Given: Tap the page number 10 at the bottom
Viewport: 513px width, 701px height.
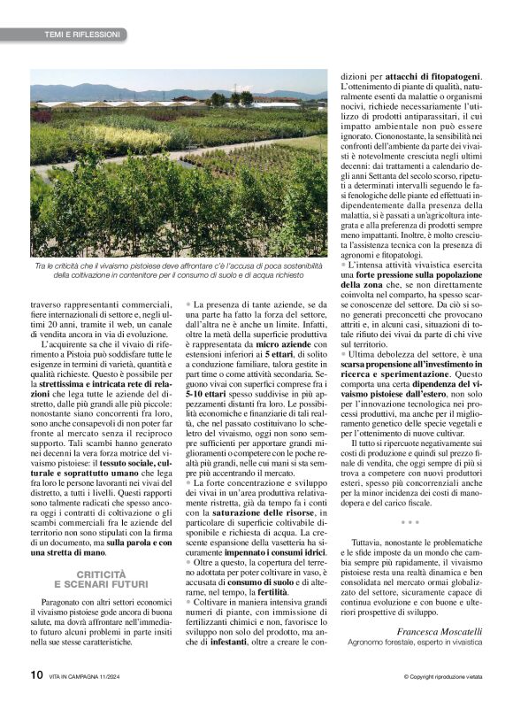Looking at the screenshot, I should [36, 674].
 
